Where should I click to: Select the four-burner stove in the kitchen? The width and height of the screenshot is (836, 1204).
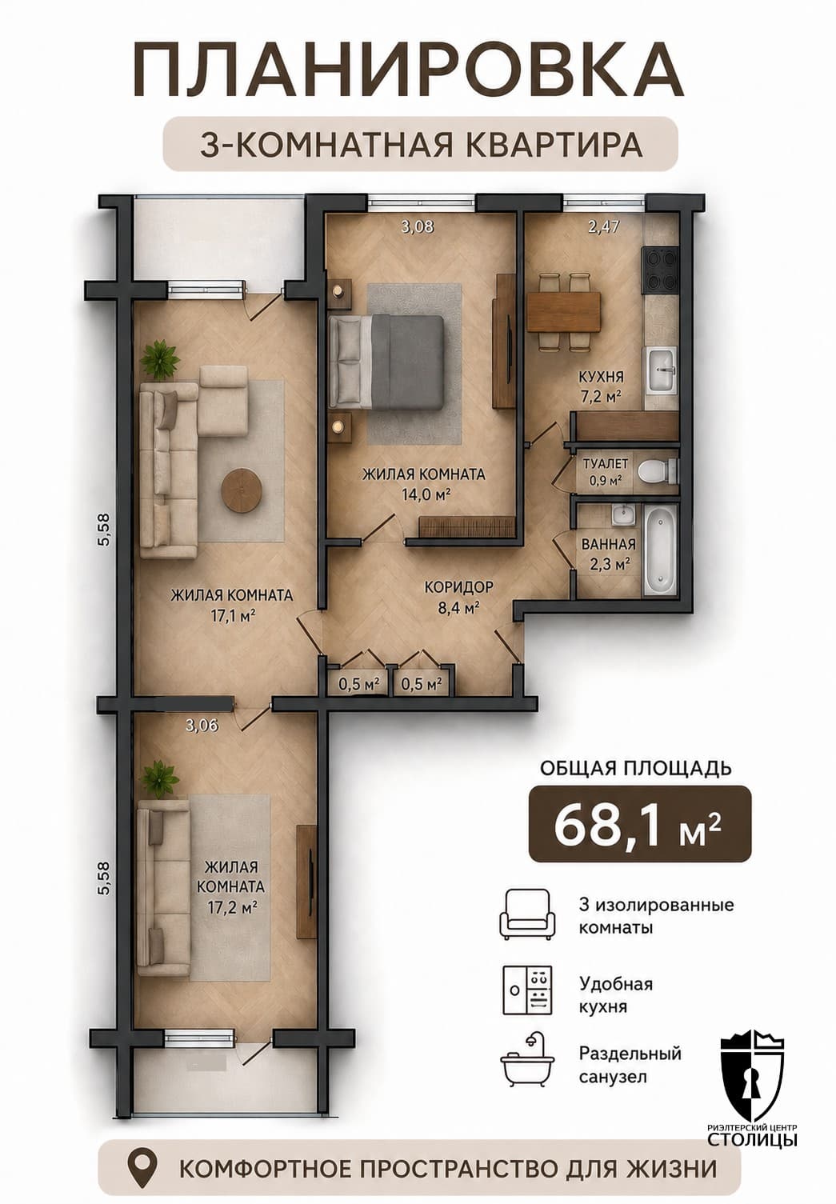[x=661, y=270]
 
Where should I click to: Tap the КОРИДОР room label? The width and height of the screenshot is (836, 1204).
[x=458, y=587]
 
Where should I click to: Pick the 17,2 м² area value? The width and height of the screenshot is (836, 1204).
[x=231, y=907]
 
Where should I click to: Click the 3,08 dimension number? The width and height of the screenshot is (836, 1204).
[x=418, y=227]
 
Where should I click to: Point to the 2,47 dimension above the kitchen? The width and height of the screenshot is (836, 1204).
[x=604, y=226]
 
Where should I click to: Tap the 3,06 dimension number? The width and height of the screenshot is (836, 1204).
[x=202, y=726]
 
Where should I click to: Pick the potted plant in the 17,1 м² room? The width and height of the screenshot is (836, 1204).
[x=160, y=358]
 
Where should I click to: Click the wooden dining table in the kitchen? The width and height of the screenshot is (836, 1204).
[x=564, y=312]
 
